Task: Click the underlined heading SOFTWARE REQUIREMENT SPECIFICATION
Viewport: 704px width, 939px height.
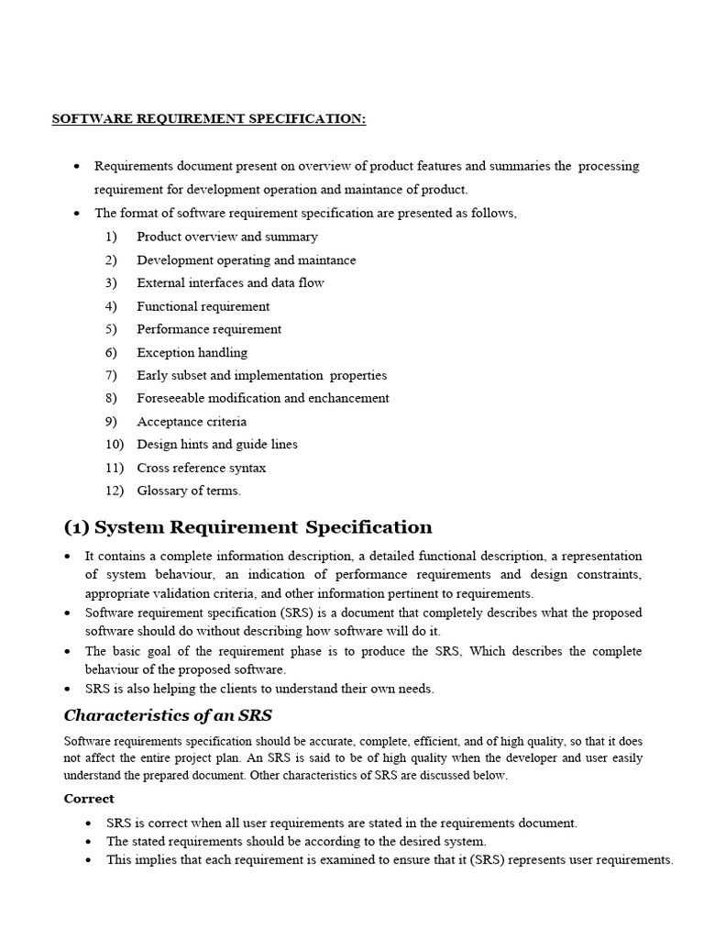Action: pyautogui.click(x=209, y=119)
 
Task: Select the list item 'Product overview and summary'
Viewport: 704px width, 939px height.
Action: pyautogui.click(x=227, y=237)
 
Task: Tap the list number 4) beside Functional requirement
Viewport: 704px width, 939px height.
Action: pyautogui.click(x=111, y=306)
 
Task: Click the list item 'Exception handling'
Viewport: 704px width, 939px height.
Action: pyautogui.click(x=192, y=352)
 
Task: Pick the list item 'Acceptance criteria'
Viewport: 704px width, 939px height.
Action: pyautogui.click(x=192, y=422)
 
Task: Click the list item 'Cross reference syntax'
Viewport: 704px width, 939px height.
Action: pyautogui.click(x=202, y=468)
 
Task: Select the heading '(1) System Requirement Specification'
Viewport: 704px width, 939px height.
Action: pyautogui.click(x=247, y=527)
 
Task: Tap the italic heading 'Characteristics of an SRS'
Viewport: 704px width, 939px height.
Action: pyautogui.click(x=168, y=715)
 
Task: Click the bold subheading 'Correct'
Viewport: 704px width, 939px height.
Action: pyautogui.click(x=89, y=799)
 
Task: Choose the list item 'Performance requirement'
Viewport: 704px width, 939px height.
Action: pyautogui.click(x=209, y=329)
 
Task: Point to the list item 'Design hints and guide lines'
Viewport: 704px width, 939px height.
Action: pyautogui.click(x=217, y=444)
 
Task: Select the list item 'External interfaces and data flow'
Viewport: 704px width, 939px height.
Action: pyautogui.click(x=230, y=282)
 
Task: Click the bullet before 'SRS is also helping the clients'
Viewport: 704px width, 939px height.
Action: pyautogui.click(x=69, y=690)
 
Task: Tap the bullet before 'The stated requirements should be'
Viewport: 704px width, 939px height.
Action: pyautogui.click(x=88, y=842)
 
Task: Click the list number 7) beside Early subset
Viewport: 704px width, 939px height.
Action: pyautogui.click(x=111, y=375)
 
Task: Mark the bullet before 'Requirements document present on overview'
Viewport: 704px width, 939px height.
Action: pyautogui.click(x=76, y=167)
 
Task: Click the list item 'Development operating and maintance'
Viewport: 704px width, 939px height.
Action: pyautogui.click(x=247, y=260)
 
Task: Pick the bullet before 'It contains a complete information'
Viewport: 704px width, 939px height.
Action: pyautogui.click(x=69, y=557)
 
